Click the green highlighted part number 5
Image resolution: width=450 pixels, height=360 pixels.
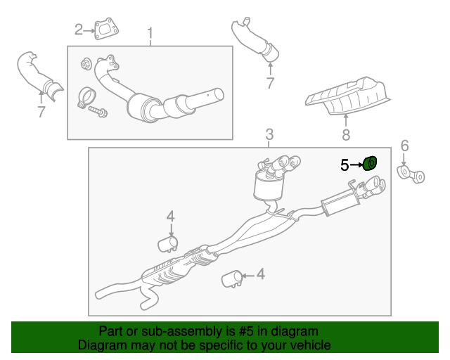(370, 164)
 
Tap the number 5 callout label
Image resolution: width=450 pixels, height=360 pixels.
(345, 165)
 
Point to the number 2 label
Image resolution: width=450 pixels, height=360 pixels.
(79, 30)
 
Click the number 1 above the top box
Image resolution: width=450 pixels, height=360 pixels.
(150, 34)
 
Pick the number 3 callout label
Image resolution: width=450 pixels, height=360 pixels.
(269, 135)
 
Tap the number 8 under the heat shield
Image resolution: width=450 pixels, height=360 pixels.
(345, 134)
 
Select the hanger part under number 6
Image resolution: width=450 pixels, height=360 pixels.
(411, 174)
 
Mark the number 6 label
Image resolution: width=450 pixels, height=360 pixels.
(404, 146)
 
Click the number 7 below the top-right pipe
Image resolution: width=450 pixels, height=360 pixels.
(270, 84)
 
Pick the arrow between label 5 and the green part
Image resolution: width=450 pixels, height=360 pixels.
(356, 165)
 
